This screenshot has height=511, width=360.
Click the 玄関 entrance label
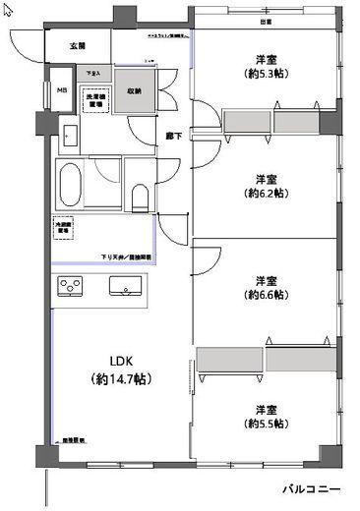(x=78, y=46)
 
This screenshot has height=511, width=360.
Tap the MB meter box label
(x=61, y=91)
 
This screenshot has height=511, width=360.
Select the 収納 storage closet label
(x=133, y=90)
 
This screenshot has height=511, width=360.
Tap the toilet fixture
(x=139, y=197)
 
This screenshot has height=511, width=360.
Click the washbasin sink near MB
(x=71, y=135)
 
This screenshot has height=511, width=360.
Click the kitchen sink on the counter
(x=125, y=288)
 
